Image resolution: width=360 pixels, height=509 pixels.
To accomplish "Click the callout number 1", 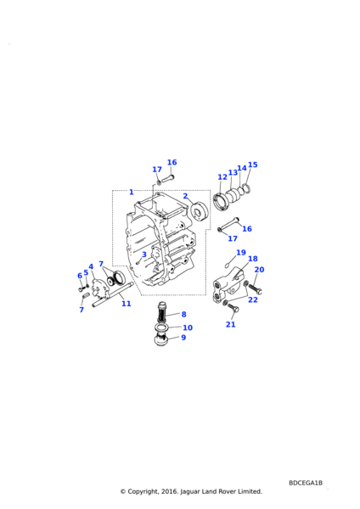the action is (132, 193).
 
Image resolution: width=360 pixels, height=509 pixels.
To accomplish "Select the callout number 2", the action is (185, 196).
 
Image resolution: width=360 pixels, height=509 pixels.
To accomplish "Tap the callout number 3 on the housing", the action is (144, 255).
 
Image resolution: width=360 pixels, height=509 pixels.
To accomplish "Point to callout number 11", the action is (126, 304).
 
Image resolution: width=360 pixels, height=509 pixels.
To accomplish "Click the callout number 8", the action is (184, 314).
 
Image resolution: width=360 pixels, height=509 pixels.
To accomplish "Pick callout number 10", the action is (188, 327).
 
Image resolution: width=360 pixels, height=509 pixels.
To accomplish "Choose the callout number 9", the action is (183, 338).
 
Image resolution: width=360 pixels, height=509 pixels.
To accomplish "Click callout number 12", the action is (222, 177).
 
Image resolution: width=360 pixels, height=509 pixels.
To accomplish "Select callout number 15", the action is (253, 165).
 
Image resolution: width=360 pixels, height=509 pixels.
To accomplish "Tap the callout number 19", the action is (241, 253).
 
